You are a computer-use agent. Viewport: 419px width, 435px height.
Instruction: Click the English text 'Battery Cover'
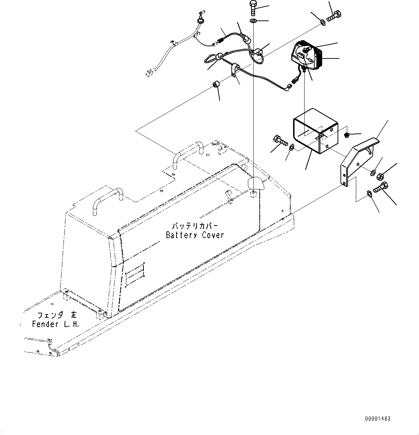tap(195, 235)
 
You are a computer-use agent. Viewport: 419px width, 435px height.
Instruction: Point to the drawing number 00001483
tap(378, 419)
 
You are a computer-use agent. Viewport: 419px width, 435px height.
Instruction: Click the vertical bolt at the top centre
tap(253, 8)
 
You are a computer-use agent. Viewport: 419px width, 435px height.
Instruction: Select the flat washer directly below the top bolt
tap(253, 22)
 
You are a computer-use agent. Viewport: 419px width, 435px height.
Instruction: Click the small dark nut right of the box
tap(347, 135)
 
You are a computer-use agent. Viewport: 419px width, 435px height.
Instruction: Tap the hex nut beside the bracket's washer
tap(381, 176)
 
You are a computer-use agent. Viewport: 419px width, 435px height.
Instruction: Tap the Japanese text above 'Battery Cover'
tap(195, 226)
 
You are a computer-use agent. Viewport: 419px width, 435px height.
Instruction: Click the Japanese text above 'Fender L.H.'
tap(57, 315)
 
